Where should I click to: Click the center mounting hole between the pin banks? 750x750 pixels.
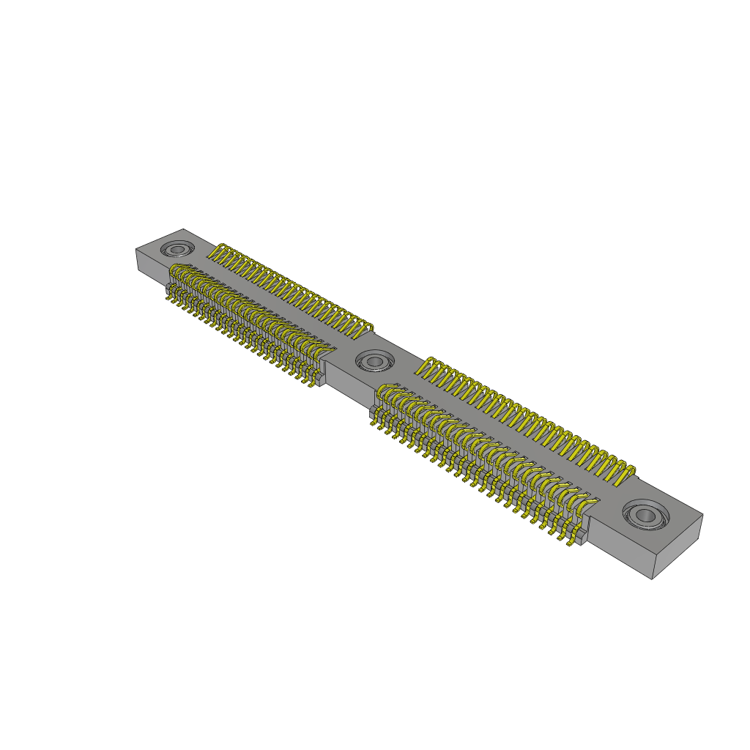click(x=374, y=360)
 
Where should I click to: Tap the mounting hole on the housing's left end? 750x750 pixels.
click(x=177, y=250)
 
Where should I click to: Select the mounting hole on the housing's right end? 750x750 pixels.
click(x=645, y=515)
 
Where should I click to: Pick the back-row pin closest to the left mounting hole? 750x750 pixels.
click(x=218, y=252)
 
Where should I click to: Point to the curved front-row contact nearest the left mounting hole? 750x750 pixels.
click(x=176, y=273)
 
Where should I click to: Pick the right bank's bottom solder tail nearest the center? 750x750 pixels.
click(x=374, y=421)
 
